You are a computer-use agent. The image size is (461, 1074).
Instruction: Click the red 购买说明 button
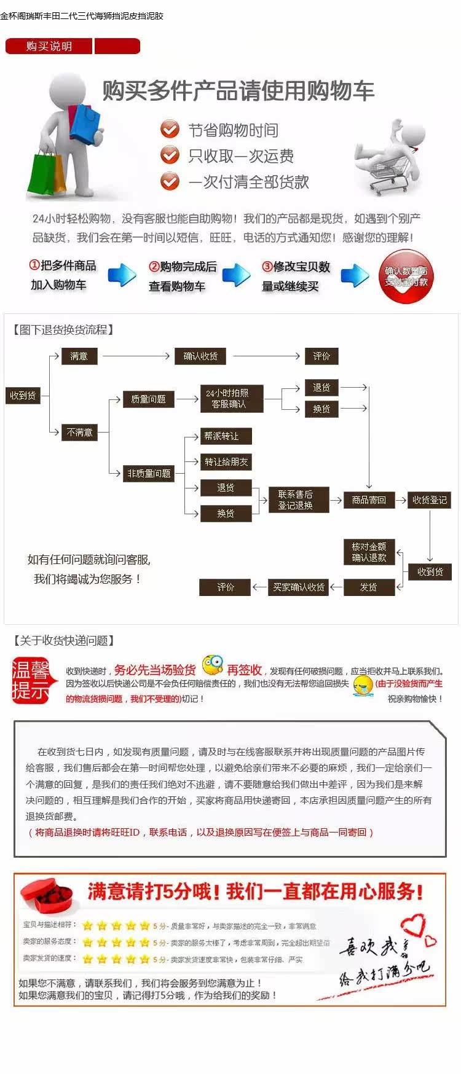coord(49,46)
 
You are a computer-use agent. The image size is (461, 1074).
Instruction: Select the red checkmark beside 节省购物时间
coord(170,130)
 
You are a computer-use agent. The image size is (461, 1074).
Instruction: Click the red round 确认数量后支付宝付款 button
coord(406,277)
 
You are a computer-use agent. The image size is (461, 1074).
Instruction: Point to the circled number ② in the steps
coord(154,267)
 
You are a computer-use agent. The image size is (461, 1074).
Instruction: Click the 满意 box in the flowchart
coord(79,356)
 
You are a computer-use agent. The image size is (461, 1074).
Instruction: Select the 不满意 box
coord(79,433)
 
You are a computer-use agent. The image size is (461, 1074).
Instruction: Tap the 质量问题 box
coord(148,399)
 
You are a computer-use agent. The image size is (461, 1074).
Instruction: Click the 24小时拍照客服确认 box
coord(227,399)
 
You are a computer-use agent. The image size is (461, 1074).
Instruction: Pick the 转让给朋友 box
coord(226,462)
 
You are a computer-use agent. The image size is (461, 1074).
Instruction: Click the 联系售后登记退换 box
coord(295,500)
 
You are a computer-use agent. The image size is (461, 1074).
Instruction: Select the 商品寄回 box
coord(369,500)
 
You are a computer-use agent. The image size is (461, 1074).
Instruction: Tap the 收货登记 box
coord(430,500)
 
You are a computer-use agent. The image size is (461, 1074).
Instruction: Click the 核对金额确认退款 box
coord(369,552)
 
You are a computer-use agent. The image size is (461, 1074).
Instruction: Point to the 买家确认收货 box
coord(299,587)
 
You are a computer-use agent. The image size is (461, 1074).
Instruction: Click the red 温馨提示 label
coord(31,681)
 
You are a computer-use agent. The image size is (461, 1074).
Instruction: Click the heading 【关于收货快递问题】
coord(63,641)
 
